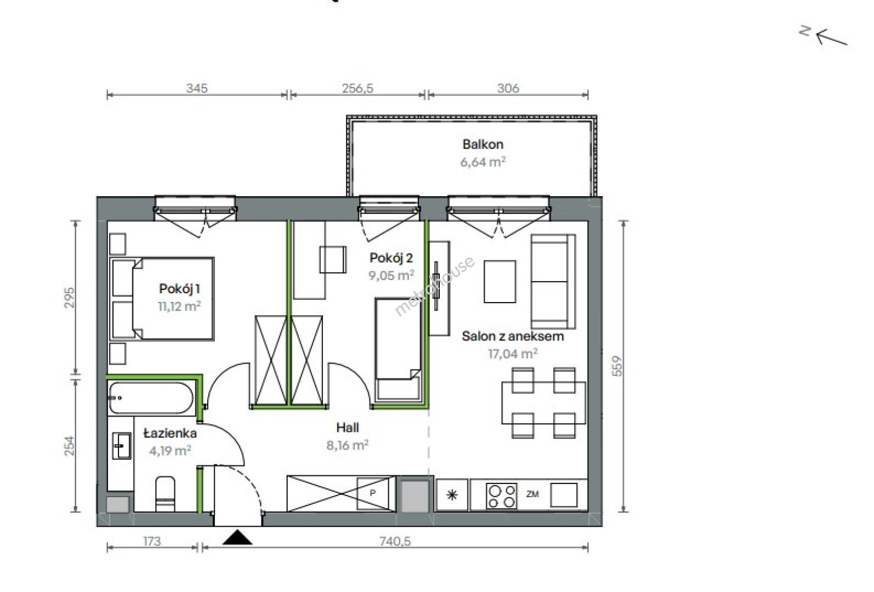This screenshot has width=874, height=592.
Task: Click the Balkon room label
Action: (483, 144)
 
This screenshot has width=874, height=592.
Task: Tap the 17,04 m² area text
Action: (513, 354)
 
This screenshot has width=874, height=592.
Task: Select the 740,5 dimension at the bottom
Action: (395, 542)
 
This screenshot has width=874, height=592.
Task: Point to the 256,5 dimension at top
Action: (358, 88)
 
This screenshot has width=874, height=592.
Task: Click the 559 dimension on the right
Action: (617, 366)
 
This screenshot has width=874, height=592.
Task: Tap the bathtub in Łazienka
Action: (151, 398)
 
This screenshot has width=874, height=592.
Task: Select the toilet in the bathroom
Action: (165, 493)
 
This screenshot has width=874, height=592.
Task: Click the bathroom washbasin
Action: (122, 446)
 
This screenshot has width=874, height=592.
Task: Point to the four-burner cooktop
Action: (501, 496)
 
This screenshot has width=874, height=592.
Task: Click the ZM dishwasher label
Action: (532, 494)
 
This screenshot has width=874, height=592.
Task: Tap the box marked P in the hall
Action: (373, 493)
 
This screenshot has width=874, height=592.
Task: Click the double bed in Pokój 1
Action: (162, 298)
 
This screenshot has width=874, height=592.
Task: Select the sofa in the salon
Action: (553, 281)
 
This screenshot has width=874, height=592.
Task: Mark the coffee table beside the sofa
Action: (500, 282)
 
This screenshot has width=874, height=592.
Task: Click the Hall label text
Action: (347, 428)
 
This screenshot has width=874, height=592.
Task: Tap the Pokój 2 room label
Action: (391, 258)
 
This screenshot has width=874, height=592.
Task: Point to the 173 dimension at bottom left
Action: (151, 542)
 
